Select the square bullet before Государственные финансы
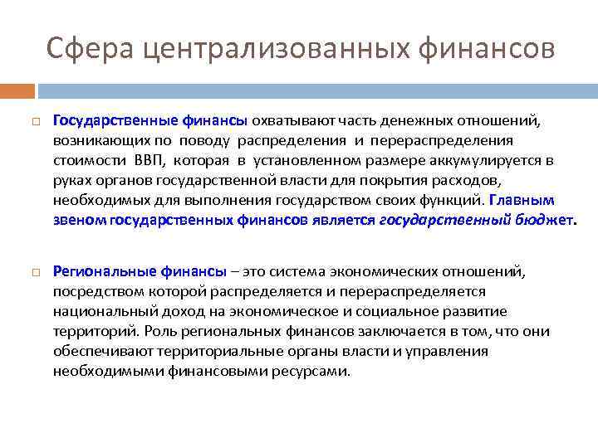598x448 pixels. [x=36, y=122]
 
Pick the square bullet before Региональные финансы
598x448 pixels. [x=36, y=272]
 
